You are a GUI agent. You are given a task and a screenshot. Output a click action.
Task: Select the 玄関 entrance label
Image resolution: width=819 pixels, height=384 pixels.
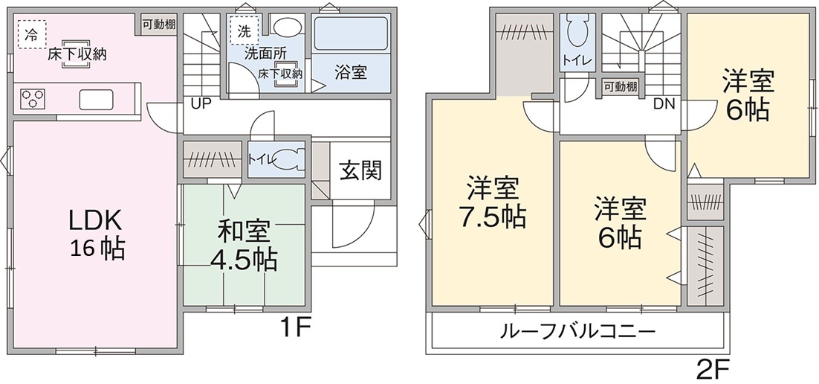click(361, 170)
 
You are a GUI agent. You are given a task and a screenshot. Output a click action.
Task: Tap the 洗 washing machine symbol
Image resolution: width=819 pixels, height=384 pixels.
click(244, 31)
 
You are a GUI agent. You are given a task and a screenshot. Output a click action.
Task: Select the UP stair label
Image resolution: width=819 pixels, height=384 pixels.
click(201, 103)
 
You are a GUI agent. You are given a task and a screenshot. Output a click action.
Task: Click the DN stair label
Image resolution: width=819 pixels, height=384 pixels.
click(664, 104)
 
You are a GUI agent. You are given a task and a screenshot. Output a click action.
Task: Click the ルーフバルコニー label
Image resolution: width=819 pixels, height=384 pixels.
click(578, 330)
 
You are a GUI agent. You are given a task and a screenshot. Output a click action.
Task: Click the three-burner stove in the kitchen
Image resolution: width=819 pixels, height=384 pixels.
click(33, 99)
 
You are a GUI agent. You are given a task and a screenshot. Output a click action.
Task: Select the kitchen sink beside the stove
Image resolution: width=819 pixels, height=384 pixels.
click(95, 97)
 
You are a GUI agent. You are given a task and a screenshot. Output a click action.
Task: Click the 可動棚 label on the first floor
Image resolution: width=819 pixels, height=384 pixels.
click(160, 24)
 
